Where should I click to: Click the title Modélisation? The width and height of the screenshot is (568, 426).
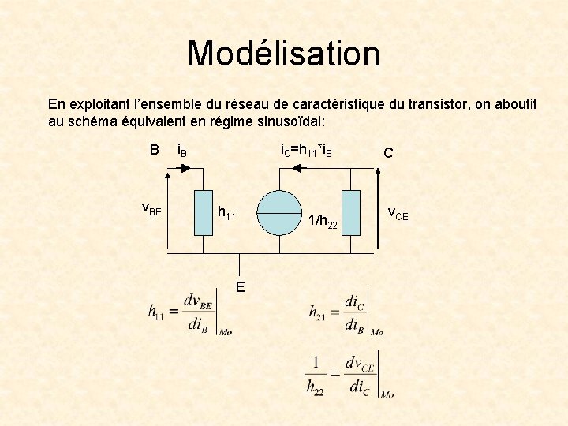283,54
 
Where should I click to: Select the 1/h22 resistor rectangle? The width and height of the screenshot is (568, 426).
351,213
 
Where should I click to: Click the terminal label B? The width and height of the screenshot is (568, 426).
155,150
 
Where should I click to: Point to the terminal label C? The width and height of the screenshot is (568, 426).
388,153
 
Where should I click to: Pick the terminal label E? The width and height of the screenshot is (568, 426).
240,285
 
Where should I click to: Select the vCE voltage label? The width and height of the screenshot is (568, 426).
398,213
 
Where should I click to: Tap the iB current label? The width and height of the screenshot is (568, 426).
181,151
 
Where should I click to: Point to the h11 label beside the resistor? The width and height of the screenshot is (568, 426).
226,213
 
